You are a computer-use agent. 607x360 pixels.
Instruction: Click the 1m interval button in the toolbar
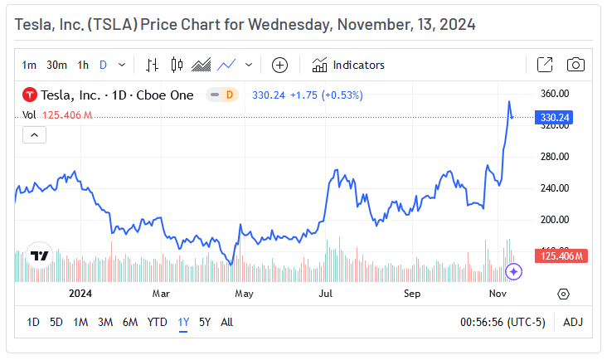tap(29, 65)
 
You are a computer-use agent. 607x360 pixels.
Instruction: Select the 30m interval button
tap(56, 65)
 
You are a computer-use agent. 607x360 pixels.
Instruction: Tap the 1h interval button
tap(83, 65)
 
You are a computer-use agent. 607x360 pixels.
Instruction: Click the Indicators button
tap(348, 65)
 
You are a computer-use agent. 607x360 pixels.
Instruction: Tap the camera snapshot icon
tap(575, 65)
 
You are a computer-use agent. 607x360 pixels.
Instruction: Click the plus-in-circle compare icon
tap(279, 65)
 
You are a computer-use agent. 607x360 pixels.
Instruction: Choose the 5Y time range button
tap(205, 322)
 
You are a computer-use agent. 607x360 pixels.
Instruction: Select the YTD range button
tap(157, 322)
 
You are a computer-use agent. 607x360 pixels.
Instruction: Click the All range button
tap(226, 322)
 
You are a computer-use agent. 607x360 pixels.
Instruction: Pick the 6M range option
tap(130, 322)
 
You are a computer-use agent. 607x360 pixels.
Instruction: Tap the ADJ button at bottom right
tap(573, 322)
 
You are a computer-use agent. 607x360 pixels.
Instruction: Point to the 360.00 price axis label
tap(554, 93)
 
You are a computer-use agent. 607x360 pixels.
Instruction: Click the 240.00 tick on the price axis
tap(554, 187)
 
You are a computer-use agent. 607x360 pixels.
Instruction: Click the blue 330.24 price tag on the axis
tap(554, 118)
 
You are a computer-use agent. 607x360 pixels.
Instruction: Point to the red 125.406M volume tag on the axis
tap(563, 256)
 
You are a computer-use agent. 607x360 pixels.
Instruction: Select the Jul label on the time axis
tap(326, 294)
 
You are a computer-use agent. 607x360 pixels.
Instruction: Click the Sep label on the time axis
tap(412, 294)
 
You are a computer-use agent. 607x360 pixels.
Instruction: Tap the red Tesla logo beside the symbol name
tap(29, 95)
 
